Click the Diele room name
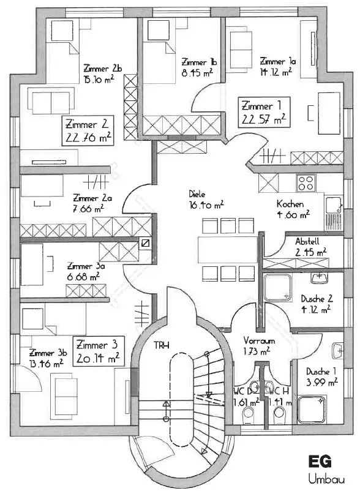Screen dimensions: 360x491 [197, 194]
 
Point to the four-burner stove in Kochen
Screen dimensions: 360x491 [306, 182]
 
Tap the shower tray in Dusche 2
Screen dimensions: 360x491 [277, 288]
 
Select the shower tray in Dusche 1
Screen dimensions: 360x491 [312, 410]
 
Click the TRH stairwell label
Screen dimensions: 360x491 [162, 345]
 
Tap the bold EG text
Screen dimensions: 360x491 [320, 461]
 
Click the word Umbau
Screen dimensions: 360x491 [326, 479]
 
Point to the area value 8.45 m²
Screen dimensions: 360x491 [197, 73]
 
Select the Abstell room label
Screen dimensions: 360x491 [307, 241]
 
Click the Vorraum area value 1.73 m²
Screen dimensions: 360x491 [257, 351]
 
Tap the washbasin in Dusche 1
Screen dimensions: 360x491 [338, 351]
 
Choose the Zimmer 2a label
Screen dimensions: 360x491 [92, 198]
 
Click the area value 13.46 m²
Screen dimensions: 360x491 [47, 364]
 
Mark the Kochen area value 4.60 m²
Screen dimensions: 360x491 [293, 215]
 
